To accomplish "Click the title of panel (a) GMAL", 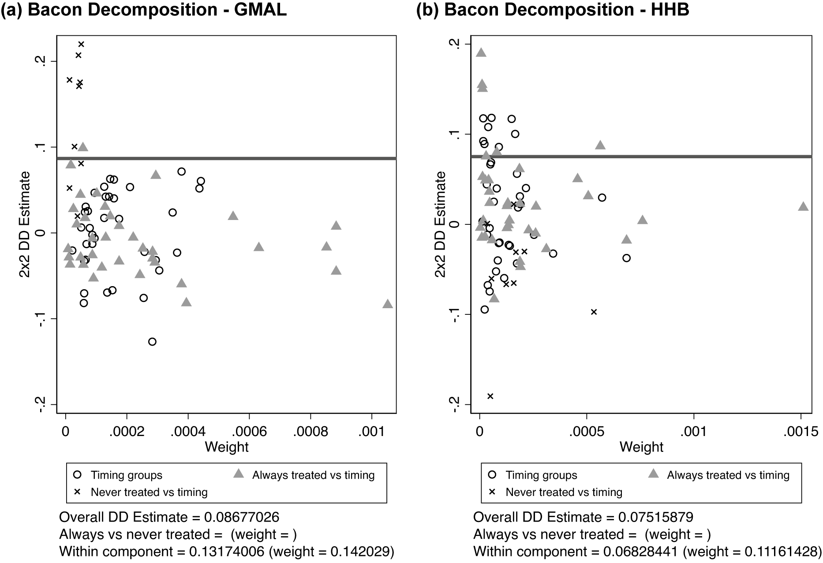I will (144, 10).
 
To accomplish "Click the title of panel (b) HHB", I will (552, 10).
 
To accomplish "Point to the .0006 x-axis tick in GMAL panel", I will (250, 431).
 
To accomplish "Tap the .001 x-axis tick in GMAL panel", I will (372, 431).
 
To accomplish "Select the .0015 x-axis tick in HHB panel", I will (800, 431).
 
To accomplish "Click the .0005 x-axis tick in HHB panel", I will (587, 431).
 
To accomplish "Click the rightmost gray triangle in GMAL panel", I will (388, 304).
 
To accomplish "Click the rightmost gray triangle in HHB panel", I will (803, 206).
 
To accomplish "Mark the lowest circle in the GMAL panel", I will (152, 342).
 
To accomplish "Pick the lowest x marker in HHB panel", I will (490, 396).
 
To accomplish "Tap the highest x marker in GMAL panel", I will (81, 44).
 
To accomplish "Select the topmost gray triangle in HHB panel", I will (481, 53).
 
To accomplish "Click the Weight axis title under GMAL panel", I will (227, 447).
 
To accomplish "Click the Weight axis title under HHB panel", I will (641, 447).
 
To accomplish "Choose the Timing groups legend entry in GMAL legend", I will (126, 475).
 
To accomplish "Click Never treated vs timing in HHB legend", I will (564, 492).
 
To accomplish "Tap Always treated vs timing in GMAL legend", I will (313, 475).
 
